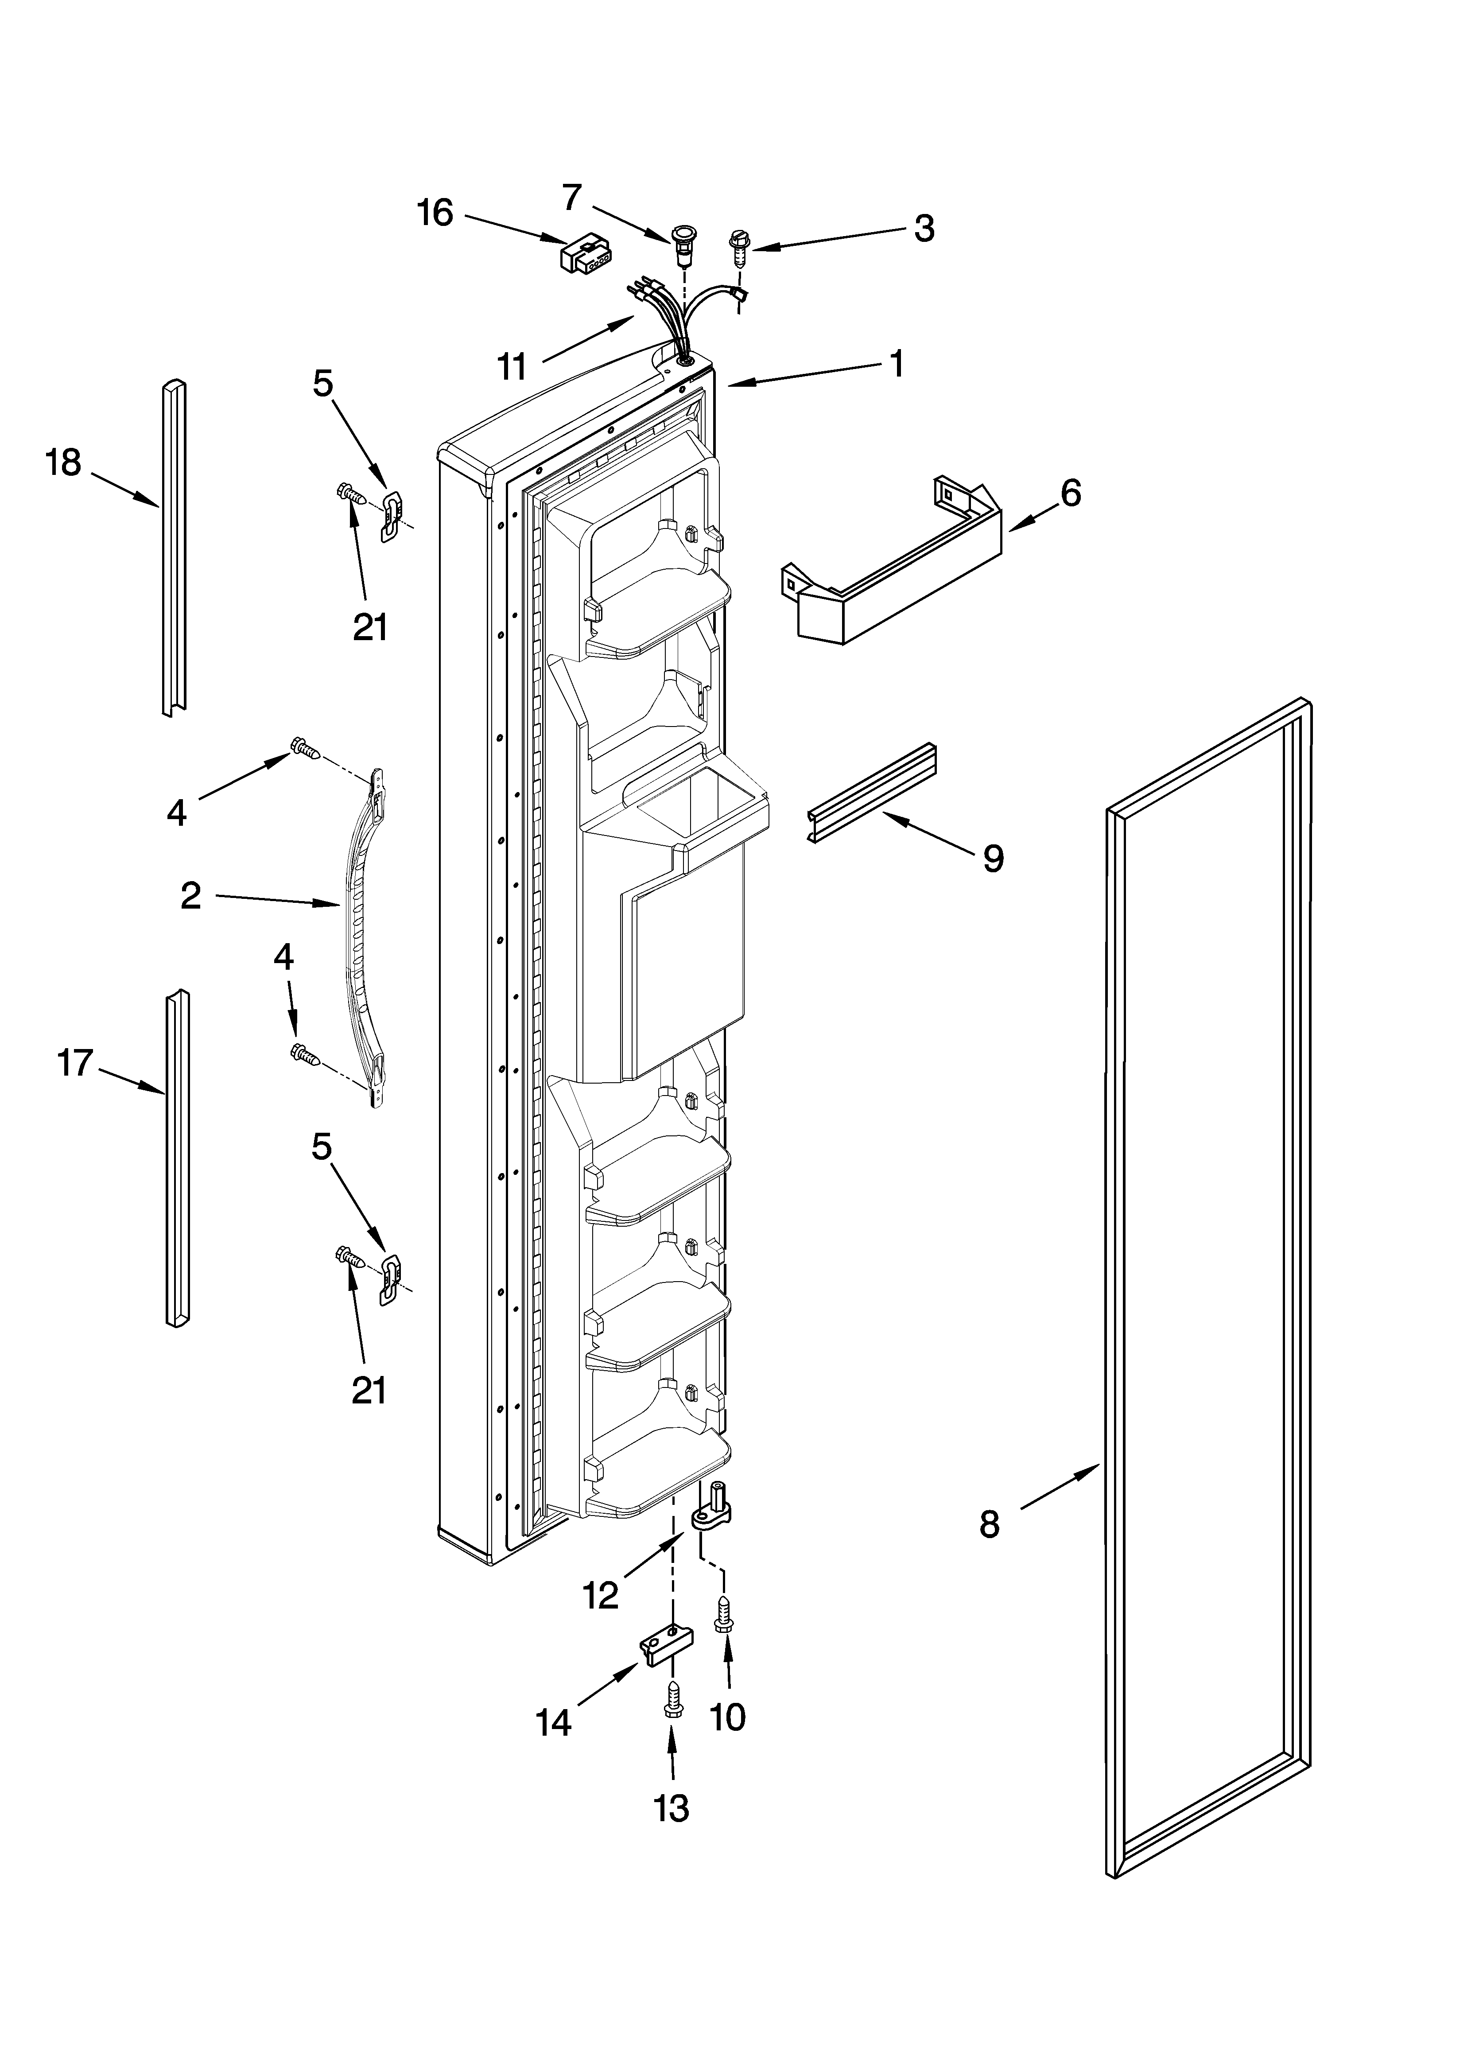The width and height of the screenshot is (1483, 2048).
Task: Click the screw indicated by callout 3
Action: pos(739,246)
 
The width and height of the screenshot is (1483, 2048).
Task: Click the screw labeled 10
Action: pos(722,1612)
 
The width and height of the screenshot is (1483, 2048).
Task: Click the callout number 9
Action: pos(993,858)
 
